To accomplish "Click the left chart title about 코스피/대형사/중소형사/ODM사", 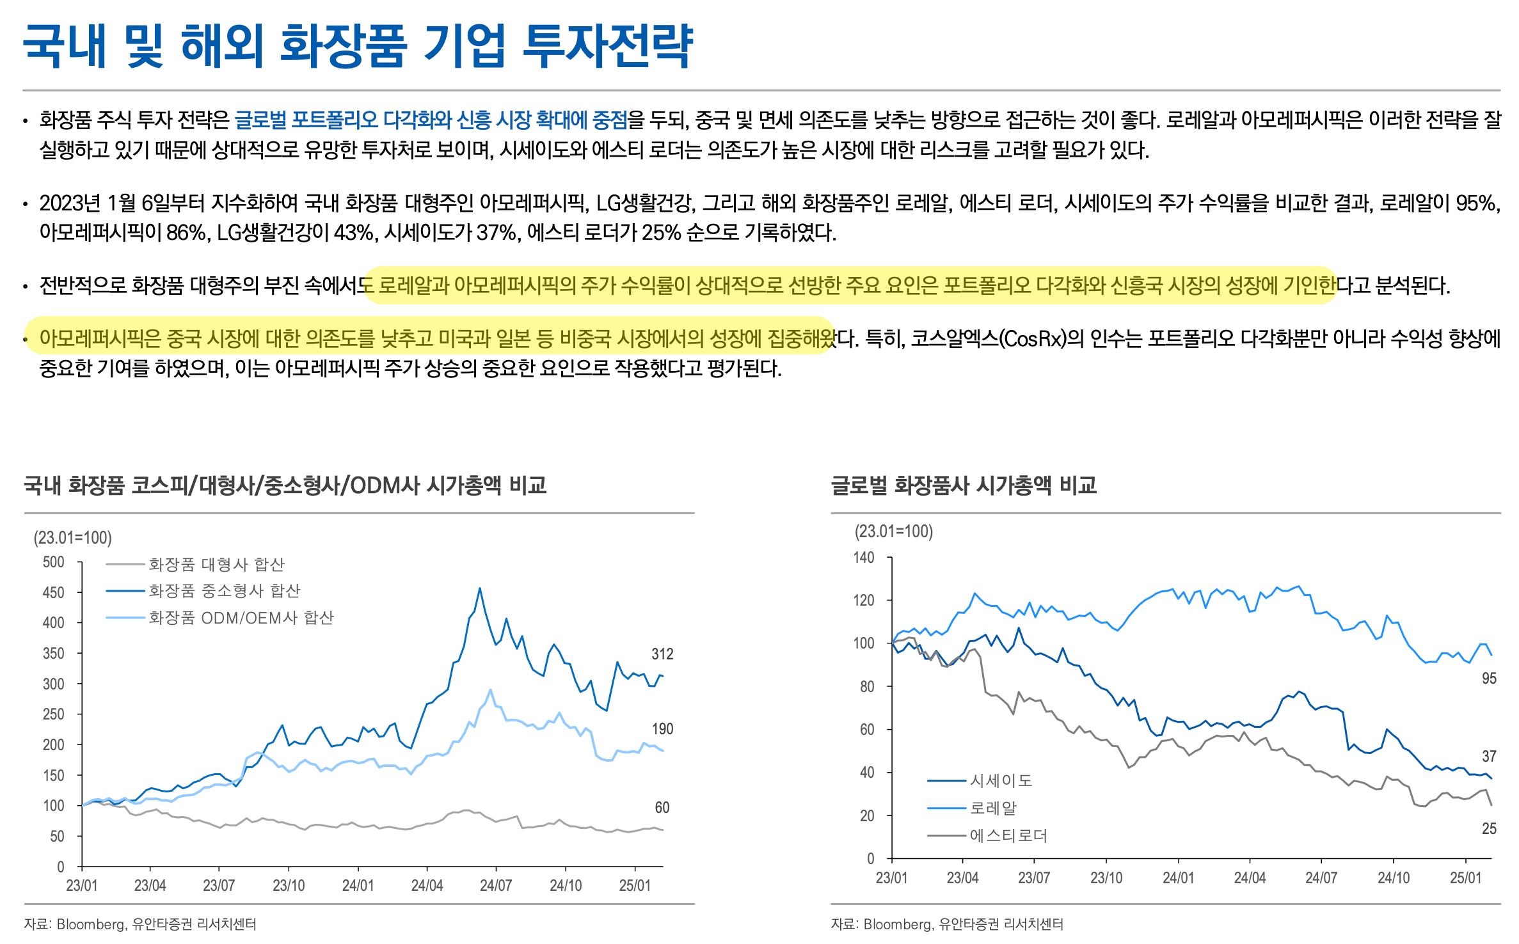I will point(285,485).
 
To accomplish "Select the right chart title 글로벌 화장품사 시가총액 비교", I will point(964,485).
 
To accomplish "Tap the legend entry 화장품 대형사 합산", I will point(216,564).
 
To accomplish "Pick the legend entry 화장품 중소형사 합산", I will point(224,590).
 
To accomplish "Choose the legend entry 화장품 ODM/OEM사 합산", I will point(241,618).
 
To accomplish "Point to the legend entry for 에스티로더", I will point(1008,835).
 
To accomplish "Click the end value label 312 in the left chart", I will point(662,654).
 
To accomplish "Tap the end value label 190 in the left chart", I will point(662,728).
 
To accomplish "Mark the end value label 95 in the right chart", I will point(1489,679).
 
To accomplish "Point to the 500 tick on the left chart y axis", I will point(54,562).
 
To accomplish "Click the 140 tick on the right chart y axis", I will point(864,558).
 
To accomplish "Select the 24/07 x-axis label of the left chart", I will point(496,886).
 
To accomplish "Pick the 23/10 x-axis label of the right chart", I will point(1106,878).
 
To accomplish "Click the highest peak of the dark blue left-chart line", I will point(480,588).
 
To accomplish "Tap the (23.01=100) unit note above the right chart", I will point(894,531).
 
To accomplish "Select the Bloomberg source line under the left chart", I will point(140,924).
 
